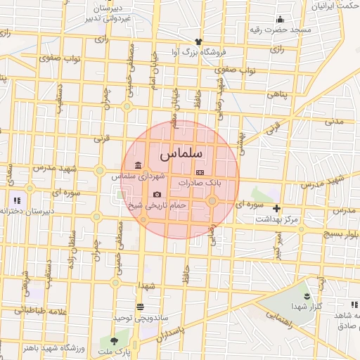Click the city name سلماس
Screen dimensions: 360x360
click(181, 153)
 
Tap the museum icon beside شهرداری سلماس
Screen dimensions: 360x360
click(136, 165)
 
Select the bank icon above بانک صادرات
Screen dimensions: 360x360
click(200, 172)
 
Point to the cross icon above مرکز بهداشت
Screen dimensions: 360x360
click(277, 208)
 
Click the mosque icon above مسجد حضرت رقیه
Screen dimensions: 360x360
click(280, 19)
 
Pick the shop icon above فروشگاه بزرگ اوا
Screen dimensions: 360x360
click(199, 41)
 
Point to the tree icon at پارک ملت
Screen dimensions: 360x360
click(115, 341)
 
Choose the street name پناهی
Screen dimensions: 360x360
click(277, 93)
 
